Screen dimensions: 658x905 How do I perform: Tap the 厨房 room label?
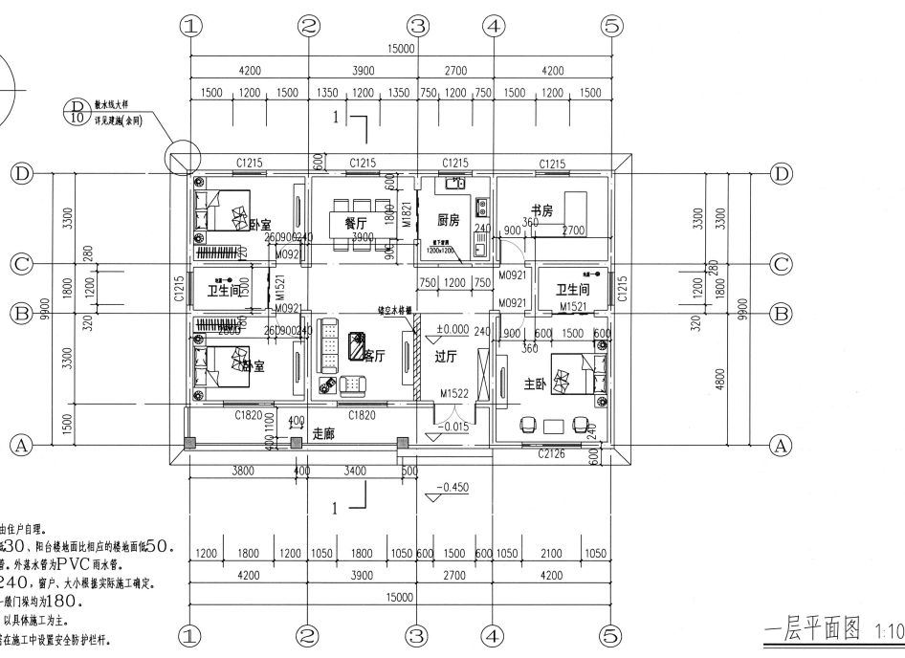450,219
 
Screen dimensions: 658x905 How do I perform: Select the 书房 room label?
541,211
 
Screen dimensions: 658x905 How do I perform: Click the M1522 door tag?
454,393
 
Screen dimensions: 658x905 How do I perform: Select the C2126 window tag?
552,453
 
